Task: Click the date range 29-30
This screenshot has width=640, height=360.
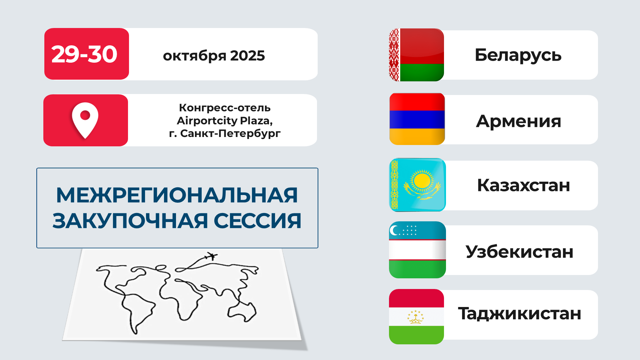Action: tap(84, 54)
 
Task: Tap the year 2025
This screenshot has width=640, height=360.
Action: tap(247, 56)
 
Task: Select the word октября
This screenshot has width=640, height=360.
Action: tap(194, 56)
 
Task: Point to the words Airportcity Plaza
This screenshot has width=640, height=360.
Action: tap(225, 120)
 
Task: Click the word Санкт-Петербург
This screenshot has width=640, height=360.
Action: tap(230, 133)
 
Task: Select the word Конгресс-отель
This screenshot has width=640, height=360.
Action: tap(225, 108)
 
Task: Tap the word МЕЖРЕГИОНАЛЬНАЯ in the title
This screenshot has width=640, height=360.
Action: tap(177, 195)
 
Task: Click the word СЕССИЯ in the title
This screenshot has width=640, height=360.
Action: tap(257, 221)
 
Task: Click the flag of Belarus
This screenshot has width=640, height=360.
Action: tap(416, 55)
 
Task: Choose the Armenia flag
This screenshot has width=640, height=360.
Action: tap(417, 119)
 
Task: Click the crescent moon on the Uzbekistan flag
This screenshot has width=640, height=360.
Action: tap(394, 230)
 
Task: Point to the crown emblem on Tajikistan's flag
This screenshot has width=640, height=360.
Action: tap(416, 317)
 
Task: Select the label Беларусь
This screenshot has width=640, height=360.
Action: tap(518, 55)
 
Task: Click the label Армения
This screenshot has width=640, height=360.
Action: tap(519, 121)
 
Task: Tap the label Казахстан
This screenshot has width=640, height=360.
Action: tap(523, 185)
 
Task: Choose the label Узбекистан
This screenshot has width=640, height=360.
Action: tap(519, 252)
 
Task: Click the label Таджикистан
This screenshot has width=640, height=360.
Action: tap(519, 314)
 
